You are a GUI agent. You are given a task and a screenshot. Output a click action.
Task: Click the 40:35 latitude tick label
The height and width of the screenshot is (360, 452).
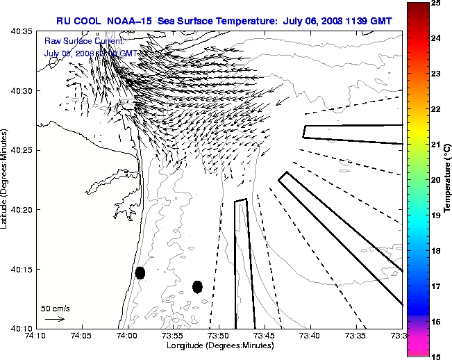pos(23,32)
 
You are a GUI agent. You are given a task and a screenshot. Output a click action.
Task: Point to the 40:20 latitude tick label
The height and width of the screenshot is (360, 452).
pos(23,210)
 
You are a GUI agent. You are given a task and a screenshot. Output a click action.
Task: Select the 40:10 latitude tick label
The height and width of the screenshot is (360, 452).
pos(23,328)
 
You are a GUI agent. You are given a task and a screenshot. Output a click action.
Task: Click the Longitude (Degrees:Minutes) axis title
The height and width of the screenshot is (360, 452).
pos(218,345)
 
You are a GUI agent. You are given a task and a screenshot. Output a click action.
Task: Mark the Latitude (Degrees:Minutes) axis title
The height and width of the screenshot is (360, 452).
pos(5,179)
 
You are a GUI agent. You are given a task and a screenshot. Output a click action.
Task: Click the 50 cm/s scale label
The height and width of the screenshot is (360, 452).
pos(56,309)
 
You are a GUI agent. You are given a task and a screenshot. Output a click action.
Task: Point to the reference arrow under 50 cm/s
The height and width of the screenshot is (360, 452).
pos(55,319)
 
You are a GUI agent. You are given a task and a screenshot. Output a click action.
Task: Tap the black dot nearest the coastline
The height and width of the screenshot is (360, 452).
pos(140,273)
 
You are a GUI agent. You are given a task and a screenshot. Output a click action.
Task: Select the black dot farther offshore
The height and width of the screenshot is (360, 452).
pos(197,286)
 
